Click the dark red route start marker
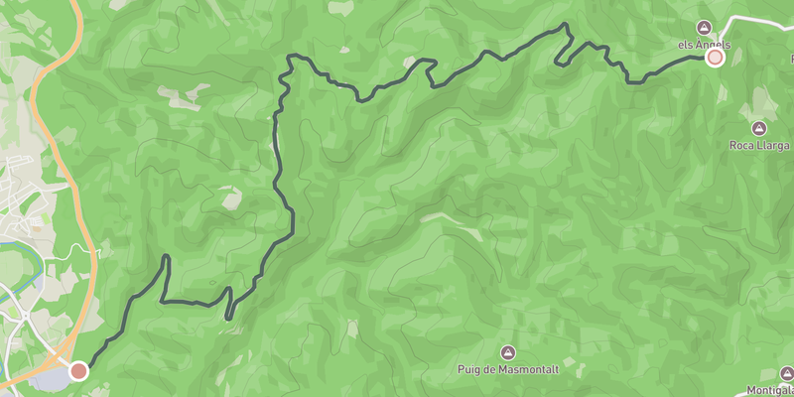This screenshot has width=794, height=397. pos(78,370)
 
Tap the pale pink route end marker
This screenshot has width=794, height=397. pos(715,58)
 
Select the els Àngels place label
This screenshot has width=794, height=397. pos(704,45)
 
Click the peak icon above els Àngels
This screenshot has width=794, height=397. pos(705,27)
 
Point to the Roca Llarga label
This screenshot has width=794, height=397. pos(760,146)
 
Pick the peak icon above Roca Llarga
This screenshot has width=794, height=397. pos(759,128)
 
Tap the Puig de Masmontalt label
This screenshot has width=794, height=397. pos(508,370)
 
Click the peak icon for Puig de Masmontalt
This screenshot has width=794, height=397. pos(508,352)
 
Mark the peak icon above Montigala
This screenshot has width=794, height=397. pos(787,374)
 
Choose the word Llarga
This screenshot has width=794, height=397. pos(773,146)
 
